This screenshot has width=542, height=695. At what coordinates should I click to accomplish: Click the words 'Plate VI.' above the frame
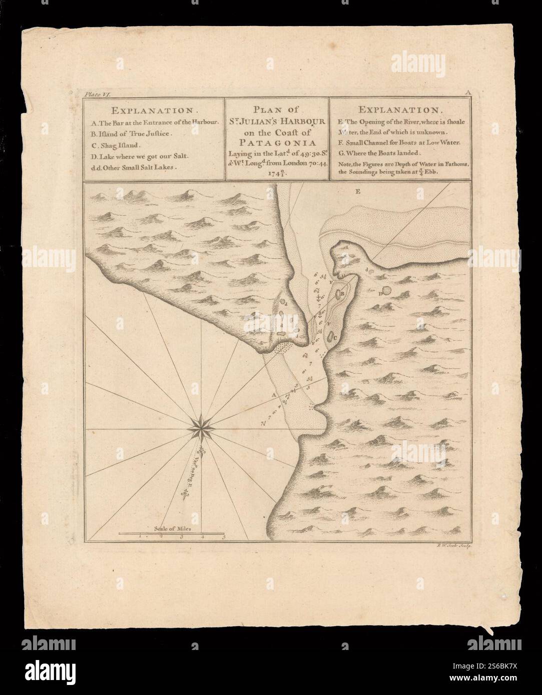pos(94,93)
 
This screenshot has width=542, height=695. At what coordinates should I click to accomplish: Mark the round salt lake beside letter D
pos(387,290)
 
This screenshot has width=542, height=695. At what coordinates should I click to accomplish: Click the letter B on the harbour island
pos(342,295)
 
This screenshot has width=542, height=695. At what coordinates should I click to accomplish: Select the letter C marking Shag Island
pos(334,337)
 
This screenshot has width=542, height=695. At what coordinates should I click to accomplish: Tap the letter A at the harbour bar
pos(273,395)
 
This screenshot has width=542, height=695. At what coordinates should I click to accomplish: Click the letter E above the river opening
pos(357,191)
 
